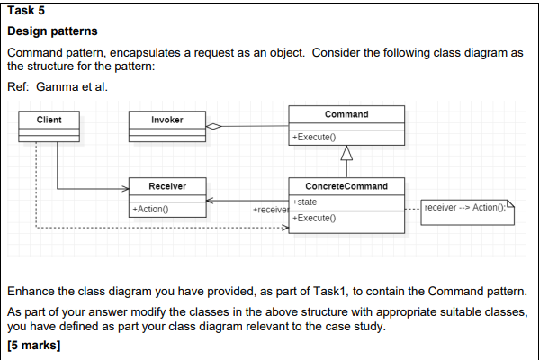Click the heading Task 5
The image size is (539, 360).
click(25, 11)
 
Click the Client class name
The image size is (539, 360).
click(49, 120)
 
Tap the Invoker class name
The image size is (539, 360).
click(166, 120)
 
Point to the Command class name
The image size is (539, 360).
click(346, 114)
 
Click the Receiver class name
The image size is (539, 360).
click(166, 186)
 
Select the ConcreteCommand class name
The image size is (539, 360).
click(346, 186)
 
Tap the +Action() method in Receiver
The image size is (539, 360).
click(150, 209)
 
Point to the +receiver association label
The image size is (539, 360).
click(271, 210)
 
